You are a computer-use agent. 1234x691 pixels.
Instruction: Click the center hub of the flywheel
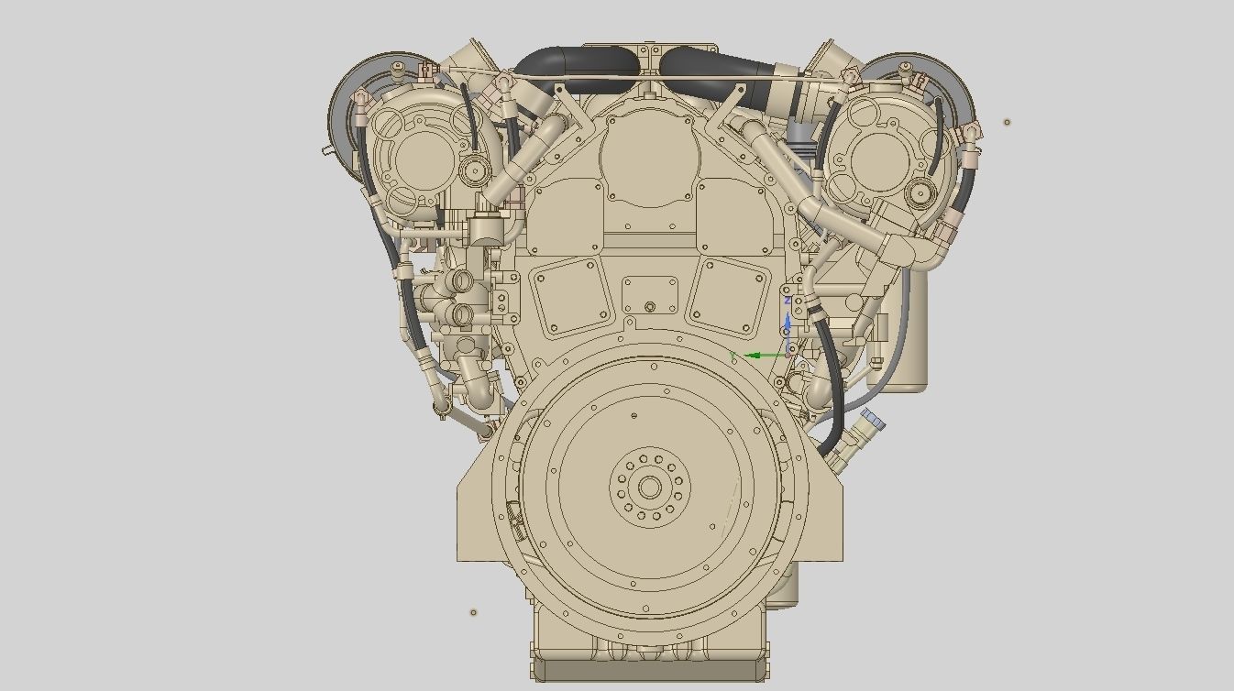pyautogui.click(x=650, y=488)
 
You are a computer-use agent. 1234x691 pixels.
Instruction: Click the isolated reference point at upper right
pyautogui.click(x=1007, y=122)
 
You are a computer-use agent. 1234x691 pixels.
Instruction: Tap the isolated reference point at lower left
pyautogui.click(x=474, y=612)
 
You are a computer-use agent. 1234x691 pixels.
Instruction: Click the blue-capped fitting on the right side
pyautogui.click(x=872, y=421)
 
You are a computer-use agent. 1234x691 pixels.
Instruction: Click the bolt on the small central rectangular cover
pyautogui.click(x=650, y=307)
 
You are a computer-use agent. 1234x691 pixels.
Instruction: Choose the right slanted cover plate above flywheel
pyautogui.click(x=731, y=295)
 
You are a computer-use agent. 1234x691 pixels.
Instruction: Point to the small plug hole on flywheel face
pyautogui.click(x=634, y=416)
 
